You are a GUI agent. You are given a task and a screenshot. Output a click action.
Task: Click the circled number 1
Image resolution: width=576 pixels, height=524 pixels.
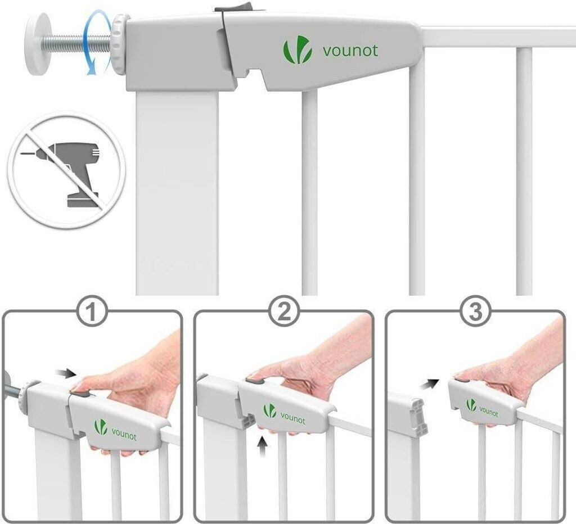[92, 313]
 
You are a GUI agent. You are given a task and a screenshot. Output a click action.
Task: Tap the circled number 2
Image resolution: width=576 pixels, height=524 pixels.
[284, 313]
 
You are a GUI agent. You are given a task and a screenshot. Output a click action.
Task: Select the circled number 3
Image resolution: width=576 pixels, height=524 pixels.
[475, 313]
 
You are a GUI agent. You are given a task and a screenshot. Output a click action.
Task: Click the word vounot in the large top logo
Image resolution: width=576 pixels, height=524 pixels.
[350, 50]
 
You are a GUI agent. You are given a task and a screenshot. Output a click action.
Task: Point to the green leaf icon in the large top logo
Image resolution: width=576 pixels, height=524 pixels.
[298, 50]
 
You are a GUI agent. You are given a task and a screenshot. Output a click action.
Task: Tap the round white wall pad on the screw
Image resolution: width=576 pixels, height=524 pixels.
[38, 44]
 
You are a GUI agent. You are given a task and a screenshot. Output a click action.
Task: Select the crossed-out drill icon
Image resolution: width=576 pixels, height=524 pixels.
[66, 171]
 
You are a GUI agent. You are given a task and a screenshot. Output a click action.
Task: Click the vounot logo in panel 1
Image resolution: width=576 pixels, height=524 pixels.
[115, 430]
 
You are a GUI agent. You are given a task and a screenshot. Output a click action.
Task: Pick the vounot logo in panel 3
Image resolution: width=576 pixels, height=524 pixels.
[482, 408]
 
